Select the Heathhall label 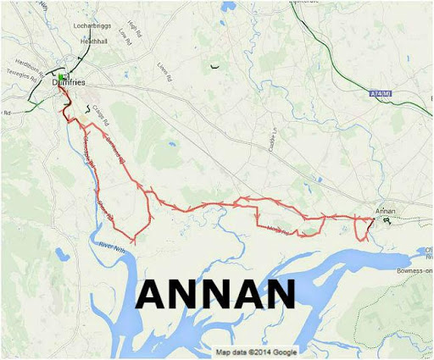coord(91,41)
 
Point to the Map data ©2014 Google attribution coord(255,352)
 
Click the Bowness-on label coord(415,270)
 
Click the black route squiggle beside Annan coord(387,220)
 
